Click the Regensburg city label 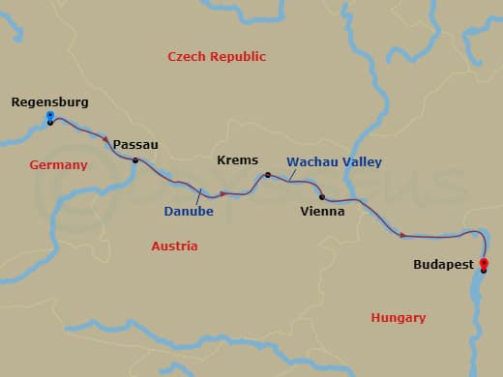point(49,101)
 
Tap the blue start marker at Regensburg point(50,116)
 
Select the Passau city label point(135,144)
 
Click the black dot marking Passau point(135,160)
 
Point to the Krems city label point(237,159)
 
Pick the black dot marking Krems point(268,175)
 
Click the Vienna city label point(322,211)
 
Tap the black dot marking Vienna point(321,196)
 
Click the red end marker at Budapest point(484,264)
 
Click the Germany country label point(58,165)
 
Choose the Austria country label point(174,246)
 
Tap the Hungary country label point(398,317)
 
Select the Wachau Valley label point(334,162)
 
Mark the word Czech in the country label point(186,57)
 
